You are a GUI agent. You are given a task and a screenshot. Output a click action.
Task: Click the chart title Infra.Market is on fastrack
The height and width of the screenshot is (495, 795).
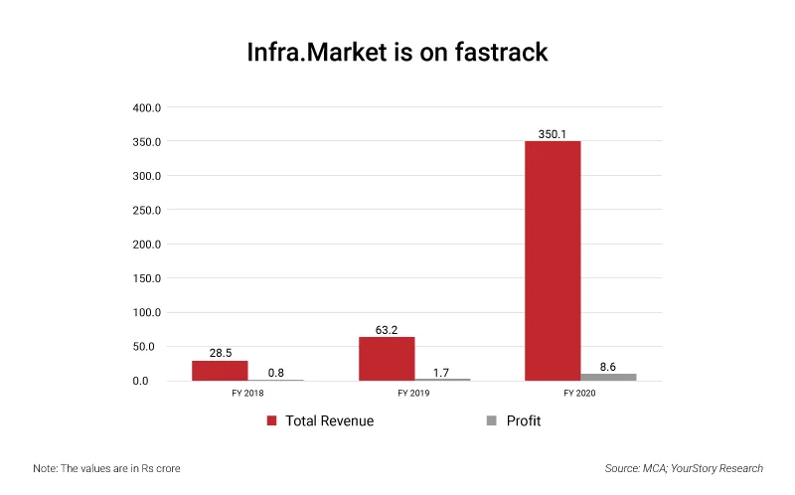pos(397,52)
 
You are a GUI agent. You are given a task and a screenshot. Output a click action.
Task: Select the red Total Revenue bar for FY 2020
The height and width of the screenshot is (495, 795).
pos(553,260)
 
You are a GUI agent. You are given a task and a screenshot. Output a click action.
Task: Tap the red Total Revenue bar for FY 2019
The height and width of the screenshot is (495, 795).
pos(387,359)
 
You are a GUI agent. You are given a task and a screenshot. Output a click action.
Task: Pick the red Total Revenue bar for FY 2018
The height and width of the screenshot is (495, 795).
pos(220,370)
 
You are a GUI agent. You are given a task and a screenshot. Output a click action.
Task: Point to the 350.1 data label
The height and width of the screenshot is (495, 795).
pos(553,133)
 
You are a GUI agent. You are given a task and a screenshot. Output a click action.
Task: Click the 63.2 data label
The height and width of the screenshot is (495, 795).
pos(387,329)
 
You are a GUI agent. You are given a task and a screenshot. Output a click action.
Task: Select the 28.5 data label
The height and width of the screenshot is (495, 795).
pos(221,353)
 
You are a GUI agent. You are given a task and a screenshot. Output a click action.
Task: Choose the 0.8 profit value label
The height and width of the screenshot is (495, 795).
pos(277,373)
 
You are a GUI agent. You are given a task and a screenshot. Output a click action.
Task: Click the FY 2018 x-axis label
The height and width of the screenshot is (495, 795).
pos(247,394)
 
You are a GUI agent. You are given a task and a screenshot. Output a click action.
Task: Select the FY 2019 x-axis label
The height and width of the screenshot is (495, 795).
pos(414,394)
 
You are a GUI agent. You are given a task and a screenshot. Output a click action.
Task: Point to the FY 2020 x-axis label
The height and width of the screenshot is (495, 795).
pos(580,394)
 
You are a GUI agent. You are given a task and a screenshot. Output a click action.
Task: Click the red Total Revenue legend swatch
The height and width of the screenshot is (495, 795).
pos(270,421)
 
